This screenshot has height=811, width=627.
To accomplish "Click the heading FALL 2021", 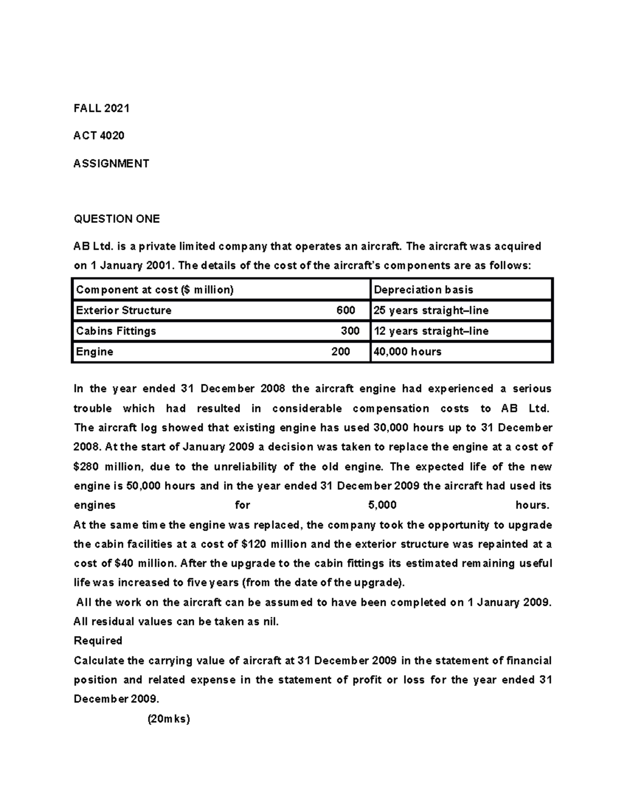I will point(101,109).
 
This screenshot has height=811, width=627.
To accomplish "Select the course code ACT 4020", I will point(99,136).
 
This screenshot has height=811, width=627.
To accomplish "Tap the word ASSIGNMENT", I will point(111,163).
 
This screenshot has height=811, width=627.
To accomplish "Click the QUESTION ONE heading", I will point(117,219).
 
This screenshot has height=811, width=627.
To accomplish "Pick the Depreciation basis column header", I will point(423,290).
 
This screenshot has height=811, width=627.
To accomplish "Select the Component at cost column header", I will point(155,290).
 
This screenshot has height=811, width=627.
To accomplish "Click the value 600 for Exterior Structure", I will point(345,310).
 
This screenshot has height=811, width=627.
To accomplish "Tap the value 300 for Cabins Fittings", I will point(350,331).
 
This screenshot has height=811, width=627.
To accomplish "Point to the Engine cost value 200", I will point(341,351).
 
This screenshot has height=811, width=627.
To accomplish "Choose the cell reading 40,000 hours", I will point(407,351).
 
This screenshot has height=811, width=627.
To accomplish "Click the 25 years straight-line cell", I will point(431,310).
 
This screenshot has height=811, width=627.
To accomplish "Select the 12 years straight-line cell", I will point(431,331).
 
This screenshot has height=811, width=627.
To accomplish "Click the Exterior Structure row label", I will point(124,310).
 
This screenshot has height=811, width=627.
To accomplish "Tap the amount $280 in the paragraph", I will point(86,466).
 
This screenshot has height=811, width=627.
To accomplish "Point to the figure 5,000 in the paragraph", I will point(382,505).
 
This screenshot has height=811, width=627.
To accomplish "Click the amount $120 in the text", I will point(254,544).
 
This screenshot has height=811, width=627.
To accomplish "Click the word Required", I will point(98,641).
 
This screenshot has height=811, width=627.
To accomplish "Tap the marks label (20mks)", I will point(169,719).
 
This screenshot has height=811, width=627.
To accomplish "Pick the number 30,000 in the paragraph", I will point(392,428).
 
